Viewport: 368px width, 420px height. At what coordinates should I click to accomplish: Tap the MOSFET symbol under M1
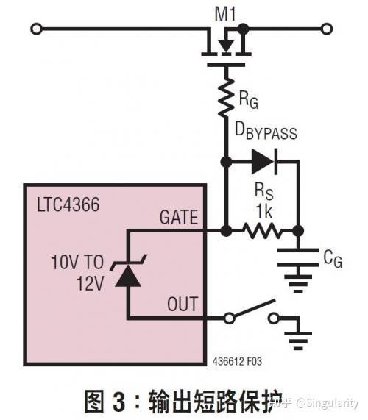(227, 46)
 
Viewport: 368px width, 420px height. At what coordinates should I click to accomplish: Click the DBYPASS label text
(265, 132)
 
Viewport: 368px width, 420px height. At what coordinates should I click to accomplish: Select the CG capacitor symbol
(297, 257)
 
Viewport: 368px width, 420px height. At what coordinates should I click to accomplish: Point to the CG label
(332, 258)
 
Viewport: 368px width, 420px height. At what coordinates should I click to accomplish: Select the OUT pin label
(183, 302)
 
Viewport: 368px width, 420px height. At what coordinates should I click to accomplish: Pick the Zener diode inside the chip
(128, 274)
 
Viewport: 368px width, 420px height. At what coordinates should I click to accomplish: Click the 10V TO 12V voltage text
(77, 272)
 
